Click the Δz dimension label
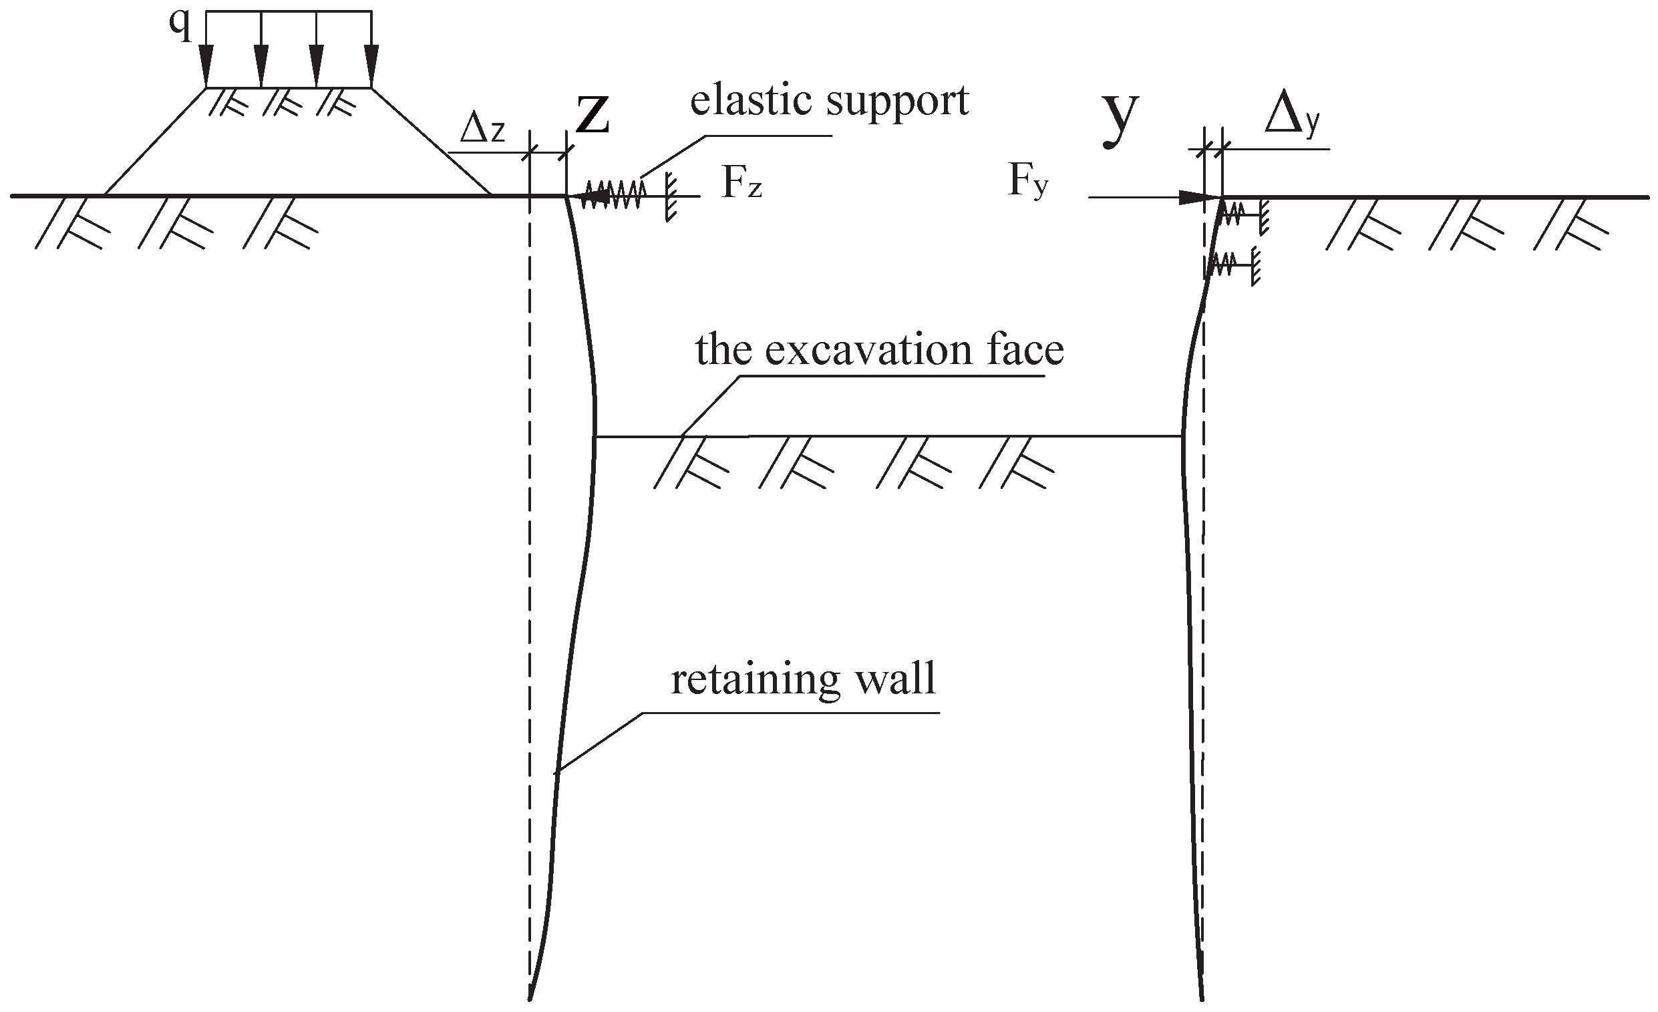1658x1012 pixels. tap(482, 130)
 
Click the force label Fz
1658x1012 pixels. tap(741, 182)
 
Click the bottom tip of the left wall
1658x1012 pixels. tap(530, 999)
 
